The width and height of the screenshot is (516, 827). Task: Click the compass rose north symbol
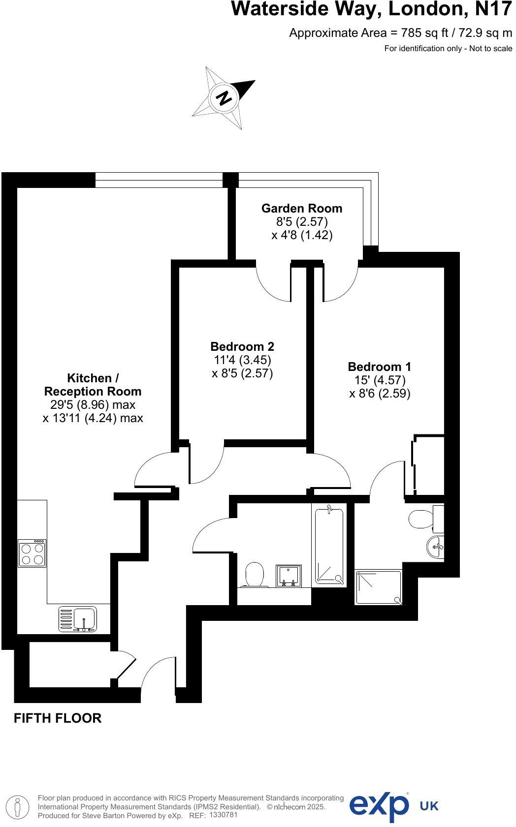224,98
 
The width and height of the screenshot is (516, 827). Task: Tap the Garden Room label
301,208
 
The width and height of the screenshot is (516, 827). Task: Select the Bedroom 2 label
242,346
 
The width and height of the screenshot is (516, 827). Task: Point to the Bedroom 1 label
379,367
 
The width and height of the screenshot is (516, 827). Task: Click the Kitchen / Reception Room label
93,385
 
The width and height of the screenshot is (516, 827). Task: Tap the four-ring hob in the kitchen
32,553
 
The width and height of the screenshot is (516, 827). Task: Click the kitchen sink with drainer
78,618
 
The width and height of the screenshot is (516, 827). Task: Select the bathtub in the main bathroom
328,545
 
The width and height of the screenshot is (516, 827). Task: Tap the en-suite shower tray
378,587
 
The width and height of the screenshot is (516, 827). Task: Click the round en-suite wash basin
436,547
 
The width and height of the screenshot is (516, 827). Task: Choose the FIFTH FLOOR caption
58,718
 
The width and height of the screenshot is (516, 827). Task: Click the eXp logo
379,806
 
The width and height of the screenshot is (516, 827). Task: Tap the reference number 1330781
224,815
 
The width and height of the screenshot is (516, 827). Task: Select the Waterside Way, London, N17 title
372,9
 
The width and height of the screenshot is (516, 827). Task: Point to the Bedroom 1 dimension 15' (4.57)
379,380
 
